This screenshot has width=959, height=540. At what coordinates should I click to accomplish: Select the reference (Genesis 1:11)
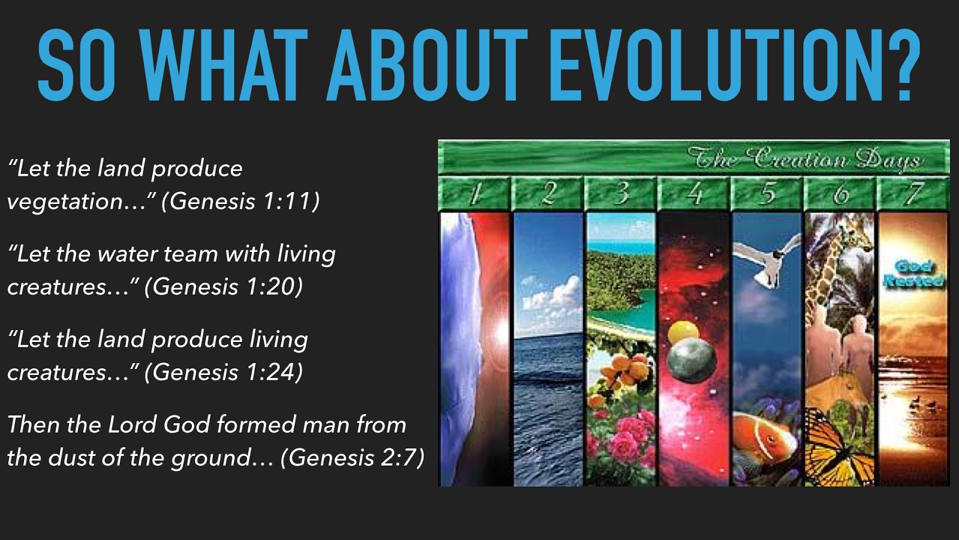pos(240,200)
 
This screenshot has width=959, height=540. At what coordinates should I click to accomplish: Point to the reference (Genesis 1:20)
pos(224,286)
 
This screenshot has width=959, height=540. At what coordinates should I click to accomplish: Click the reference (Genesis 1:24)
pos(224,371)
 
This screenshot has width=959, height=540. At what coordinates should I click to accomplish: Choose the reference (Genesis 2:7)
pos(352,457)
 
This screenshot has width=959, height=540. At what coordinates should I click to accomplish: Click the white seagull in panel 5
pos(767,260)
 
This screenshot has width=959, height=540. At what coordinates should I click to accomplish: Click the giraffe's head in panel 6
pos(854,236)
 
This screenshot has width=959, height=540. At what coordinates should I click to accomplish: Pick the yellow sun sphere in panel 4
pos(683,332)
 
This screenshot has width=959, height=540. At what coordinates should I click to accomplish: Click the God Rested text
pos(913,274)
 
